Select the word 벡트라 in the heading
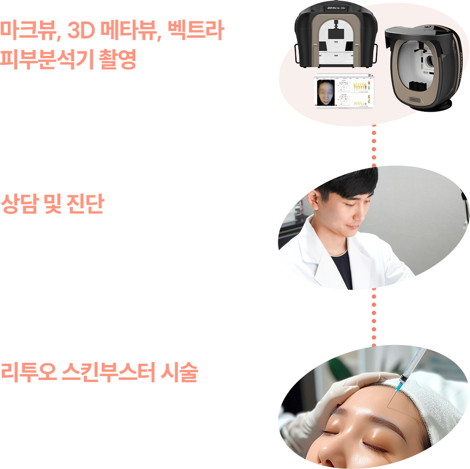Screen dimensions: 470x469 196,32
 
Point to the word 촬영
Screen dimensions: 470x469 118,60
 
